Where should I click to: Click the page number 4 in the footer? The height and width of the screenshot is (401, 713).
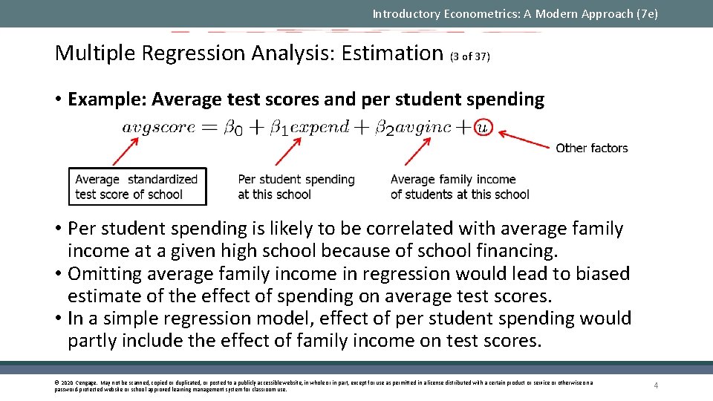coord(656,385)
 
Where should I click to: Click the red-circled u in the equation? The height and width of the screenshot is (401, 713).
coord(483,127)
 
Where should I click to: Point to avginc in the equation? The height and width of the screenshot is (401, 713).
coord(423,127)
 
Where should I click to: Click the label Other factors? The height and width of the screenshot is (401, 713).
coord(592,148)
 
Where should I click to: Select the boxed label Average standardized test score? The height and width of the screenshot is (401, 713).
coord(137,186)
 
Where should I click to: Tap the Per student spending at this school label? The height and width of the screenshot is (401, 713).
coord(296,186)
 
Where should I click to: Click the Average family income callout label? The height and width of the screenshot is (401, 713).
coord(460,186)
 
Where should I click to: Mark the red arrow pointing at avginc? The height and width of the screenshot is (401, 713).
coord(417,151)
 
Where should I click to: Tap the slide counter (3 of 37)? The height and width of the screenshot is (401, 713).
coord(470,56)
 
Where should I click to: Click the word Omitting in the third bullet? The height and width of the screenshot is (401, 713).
coord(105,273)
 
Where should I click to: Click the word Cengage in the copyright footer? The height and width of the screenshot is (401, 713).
coord(82,382)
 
